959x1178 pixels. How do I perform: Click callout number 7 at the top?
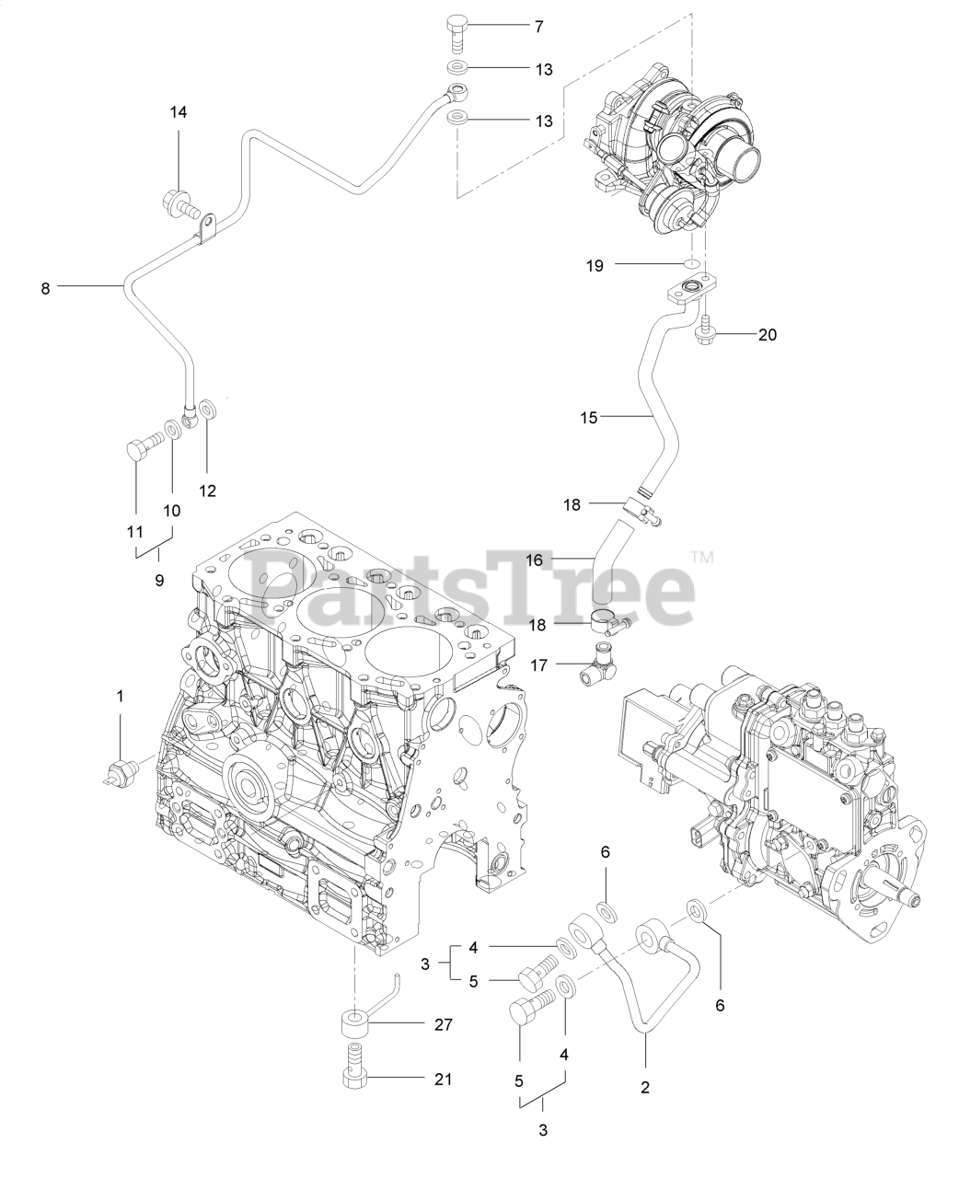coord(538,27)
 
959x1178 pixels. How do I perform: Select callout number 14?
coord(178,112)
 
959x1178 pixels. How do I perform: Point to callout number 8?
coord(45,288)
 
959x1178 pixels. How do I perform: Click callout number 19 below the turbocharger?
coord(595,265)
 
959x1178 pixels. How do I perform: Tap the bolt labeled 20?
coord(705,331)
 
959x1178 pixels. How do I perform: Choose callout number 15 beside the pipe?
coord(588,418)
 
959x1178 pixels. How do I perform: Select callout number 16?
coord(534,559)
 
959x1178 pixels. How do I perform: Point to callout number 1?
coord(120,698)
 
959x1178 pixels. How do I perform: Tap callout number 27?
coord(443,1024)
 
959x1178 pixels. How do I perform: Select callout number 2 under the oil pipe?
coord(645,1087)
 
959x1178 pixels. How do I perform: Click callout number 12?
coord(207,491)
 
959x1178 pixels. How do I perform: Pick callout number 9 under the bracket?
coord(158,580)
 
